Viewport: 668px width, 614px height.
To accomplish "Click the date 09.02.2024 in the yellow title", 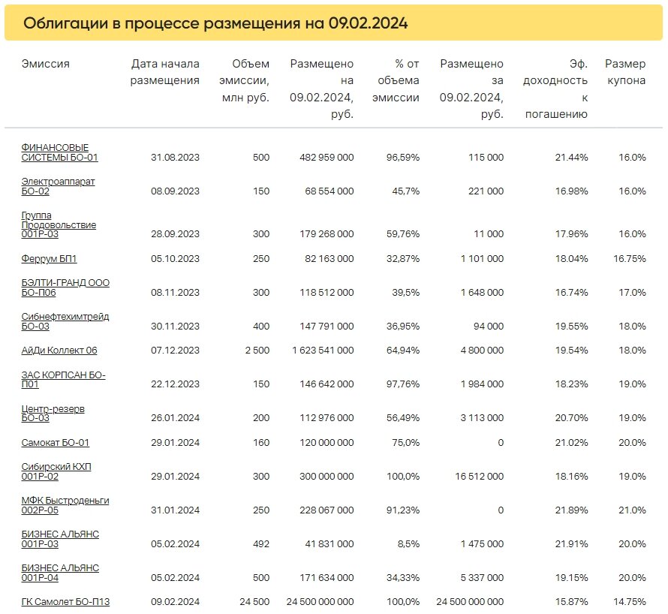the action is click(368, 23).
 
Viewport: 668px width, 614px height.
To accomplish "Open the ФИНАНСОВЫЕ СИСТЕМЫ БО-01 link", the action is click(59, 152).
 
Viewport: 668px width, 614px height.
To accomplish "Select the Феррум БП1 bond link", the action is click(49, 259).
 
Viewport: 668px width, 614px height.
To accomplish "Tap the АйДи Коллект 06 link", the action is click(59, 351).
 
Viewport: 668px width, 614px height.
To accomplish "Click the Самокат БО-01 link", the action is click(56, 443).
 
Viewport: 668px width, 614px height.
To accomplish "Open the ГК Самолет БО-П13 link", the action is click(65, 602).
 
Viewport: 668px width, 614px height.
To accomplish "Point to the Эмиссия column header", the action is click(46, 64).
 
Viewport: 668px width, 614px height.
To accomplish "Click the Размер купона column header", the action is click(625, 72).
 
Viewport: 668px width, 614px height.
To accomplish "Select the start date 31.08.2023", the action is click(175, 157).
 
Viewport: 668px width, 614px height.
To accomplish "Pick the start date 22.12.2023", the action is click(175, 384).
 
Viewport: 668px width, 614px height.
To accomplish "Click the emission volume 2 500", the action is click(257, 351).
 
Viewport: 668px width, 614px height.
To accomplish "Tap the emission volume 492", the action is click(261, 543).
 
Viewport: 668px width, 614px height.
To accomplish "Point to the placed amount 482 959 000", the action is click(326, 157).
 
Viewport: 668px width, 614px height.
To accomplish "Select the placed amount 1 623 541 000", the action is click(323, 351).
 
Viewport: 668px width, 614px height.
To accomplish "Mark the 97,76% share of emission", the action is click(403, 384).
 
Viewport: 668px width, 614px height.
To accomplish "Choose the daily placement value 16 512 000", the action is click(480, 476).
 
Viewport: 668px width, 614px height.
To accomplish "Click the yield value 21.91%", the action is click(571, 543).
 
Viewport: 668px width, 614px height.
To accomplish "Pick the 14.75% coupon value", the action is click(630, 602).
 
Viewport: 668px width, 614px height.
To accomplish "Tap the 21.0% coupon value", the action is click(632, 510).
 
